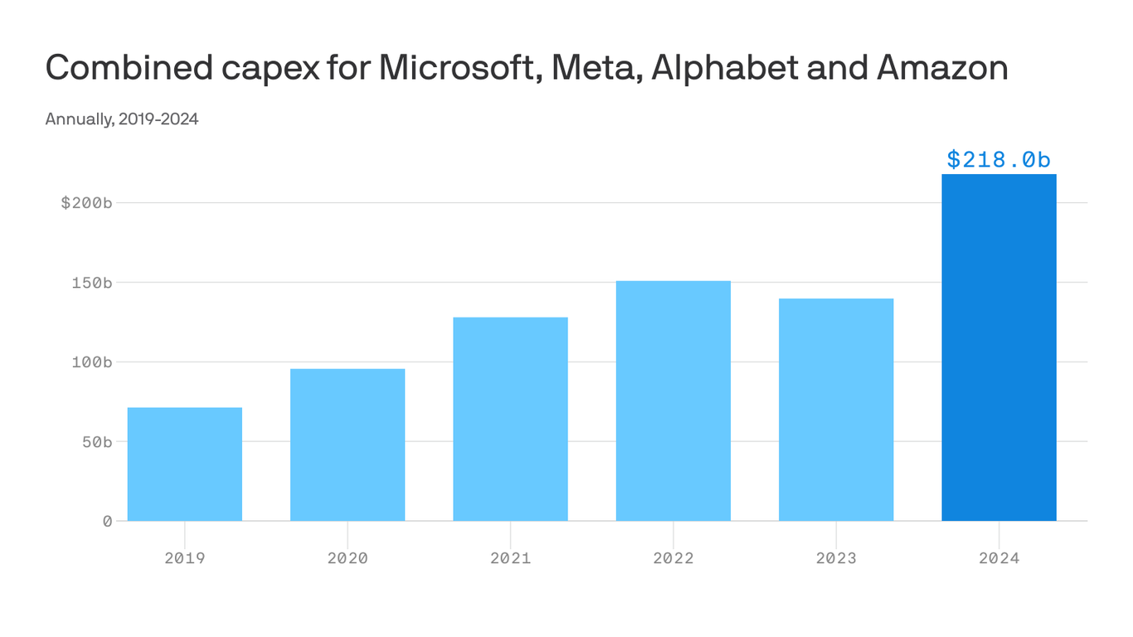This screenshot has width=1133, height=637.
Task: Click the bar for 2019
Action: point(184,464)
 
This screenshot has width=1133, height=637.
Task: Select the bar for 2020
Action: point(348,445)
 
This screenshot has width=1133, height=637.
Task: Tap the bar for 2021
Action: point(510,419)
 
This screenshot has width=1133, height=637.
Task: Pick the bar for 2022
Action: point(673,401)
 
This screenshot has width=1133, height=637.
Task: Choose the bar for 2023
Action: point(836,410)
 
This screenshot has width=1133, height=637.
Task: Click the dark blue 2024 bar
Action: point(999,348)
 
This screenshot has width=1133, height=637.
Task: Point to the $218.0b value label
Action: point(999,159)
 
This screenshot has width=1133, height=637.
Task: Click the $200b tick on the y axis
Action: point(86,203)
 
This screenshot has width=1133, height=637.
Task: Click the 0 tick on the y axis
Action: point(107,521)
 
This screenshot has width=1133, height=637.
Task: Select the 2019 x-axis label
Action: point(184,558)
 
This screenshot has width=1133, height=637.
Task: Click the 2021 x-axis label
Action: point(510,558)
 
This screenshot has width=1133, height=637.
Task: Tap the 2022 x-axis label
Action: point(673,558)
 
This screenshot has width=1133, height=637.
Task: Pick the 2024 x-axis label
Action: point(999,558)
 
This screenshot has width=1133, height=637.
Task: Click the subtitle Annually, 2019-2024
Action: point(122,119)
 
